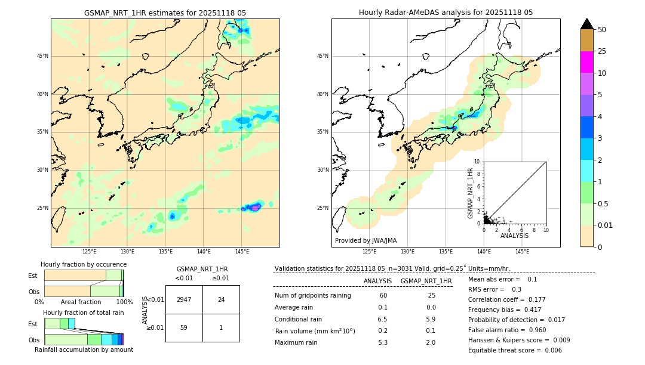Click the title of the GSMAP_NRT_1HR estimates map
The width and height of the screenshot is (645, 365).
pyautogui.click(x=165, y=13)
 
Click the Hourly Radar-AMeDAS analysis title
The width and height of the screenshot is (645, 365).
pyautogui.click(x=446, y=13)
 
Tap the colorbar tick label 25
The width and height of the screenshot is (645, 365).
pyautogui.click(x=602, y=51)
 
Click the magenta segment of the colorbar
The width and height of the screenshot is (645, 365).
pyautogui.click(x=586, y=62)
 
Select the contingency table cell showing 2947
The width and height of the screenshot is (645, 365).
pyautogui.click(x=184, y=299)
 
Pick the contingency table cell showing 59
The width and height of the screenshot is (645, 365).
pyautogui.click(x=184, y=327)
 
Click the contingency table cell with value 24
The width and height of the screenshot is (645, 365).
pyautogui.click(x=221, y=299)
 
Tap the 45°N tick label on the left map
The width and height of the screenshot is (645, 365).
pyautogui.click(x=42, y=56)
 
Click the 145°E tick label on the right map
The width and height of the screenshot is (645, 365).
pyautogui.click(x=522, y=252)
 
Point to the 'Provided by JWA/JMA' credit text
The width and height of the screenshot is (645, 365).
pyautogui.click(x=365, y=240)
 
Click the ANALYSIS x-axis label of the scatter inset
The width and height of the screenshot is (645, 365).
pyautogui.click(x=514, y=236)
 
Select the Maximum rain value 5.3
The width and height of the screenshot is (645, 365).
pyautogui.click(x=383, y=342)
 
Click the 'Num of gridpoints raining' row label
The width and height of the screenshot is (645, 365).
pyautogui.click(x=312, y=296)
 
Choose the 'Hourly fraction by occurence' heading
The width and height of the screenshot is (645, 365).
pyautogui.click(x=84, y=264)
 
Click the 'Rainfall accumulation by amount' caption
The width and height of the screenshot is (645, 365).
pyautogui.click(x=84, y=349)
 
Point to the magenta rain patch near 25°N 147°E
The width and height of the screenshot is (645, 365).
pyautogui.click(x=255, y=207)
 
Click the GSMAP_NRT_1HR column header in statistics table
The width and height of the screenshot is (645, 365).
pyautogui.click(x=426, y=281)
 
